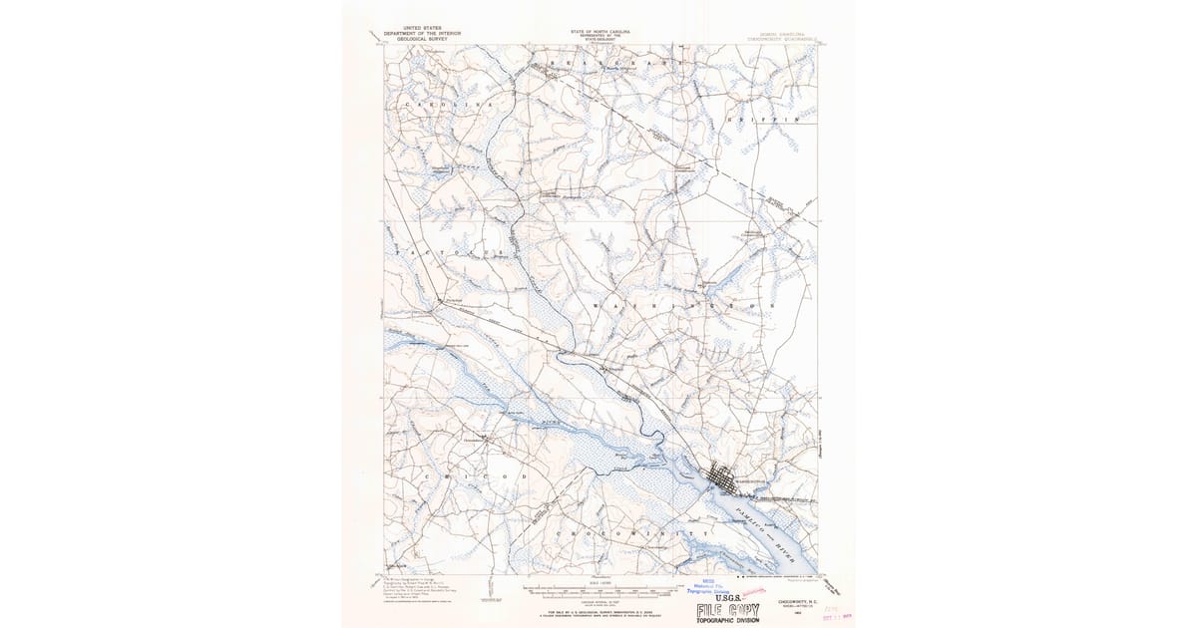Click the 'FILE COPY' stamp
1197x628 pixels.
pyautogui.click(x=728, y=609)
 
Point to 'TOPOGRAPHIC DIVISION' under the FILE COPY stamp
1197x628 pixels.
pyautogui.click(x=728, y=620)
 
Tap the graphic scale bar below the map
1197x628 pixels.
pyautogui.click(x=598, y=590)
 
